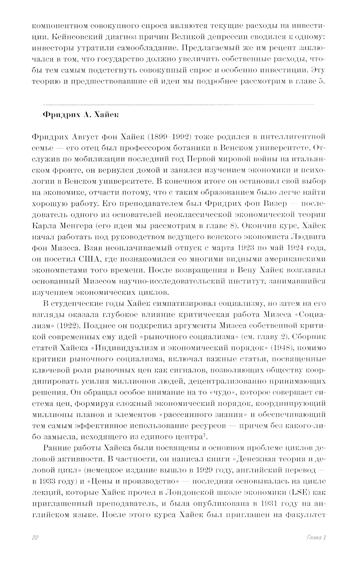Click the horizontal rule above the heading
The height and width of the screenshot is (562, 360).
(x=173, y=104)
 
